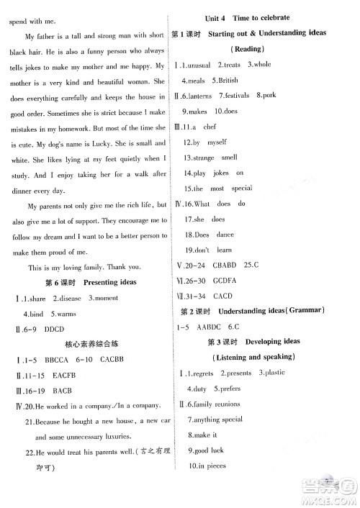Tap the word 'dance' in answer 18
[225, 235]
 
